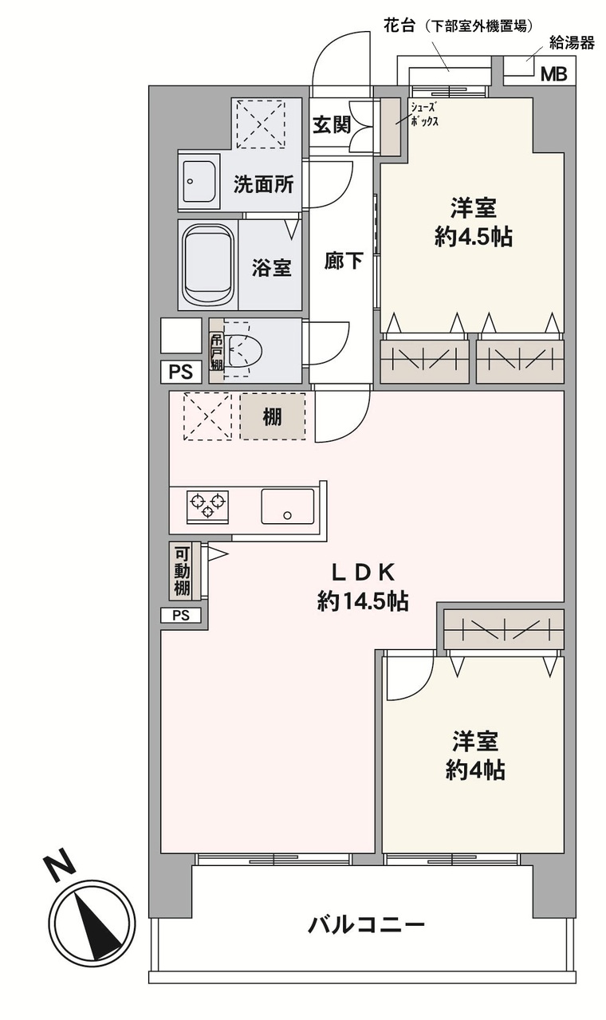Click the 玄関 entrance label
point(332,124)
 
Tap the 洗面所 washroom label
point(263,184)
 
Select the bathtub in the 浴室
point(207,266)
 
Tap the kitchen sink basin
point(287,506)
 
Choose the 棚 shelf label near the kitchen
point(272,416)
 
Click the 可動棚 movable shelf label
point(182,571)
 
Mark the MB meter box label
point(553,74)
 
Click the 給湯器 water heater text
point(572,43)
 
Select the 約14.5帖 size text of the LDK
point(363,602)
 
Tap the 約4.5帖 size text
point(474,236)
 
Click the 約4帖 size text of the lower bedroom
point(475,771)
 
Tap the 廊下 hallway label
point(344,261)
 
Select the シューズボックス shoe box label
point(424,114)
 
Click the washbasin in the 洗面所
point(199,181)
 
